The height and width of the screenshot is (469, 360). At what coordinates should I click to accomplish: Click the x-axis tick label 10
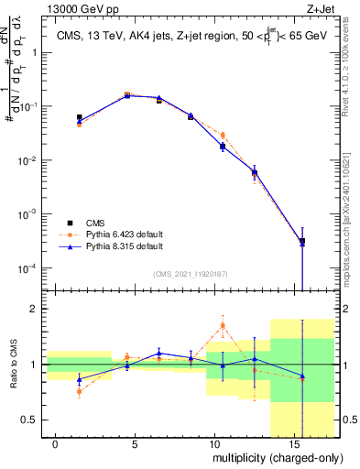click(x=213, y=444)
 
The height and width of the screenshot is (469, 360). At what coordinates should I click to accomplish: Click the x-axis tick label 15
click(x=292, y=444)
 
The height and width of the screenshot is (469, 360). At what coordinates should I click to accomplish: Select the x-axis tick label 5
click(x=135, y=444)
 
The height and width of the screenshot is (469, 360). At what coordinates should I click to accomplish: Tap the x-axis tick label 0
click(x=56, y=444)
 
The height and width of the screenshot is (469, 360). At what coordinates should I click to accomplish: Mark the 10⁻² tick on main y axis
click(x=28, y=161)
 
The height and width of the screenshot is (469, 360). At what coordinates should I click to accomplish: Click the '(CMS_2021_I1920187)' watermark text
click(x=190, y=273)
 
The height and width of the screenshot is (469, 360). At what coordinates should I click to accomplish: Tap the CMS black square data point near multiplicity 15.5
click(x=302, y=241)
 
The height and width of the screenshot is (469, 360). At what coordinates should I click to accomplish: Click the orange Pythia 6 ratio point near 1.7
click(x=223, y=325)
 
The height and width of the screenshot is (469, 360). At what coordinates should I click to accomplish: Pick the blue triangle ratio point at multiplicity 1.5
click(x=80, y=379)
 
